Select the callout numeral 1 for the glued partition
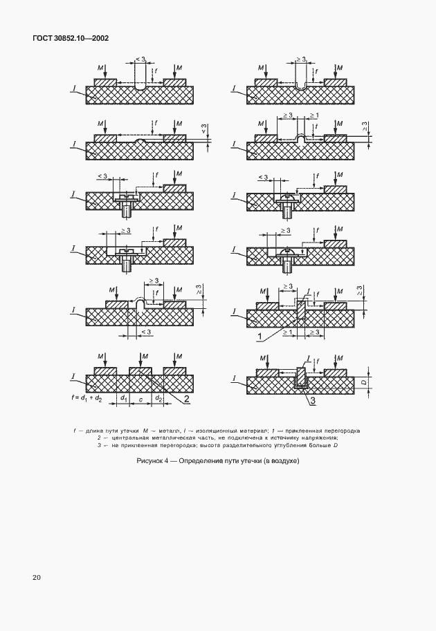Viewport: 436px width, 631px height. click(x=259, y=336)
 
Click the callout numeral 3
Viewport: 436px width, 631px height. click(x=313, y=400)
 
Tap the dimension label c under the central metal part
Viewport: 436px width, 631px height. click(x=141, y=398)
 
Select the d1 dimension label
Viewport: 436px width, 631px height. click(x=123, y=398)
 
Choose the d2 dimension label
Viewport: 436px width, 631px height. click(x=158, y=398)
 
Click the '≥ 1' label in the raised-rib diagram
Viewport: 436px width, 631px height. click(x=314, y=115)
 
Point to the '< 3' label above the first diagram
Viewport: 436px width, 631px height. click(x=140, y=59)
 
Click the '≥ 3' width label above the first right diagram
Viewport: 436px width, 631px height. click(x=300, y=59)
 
